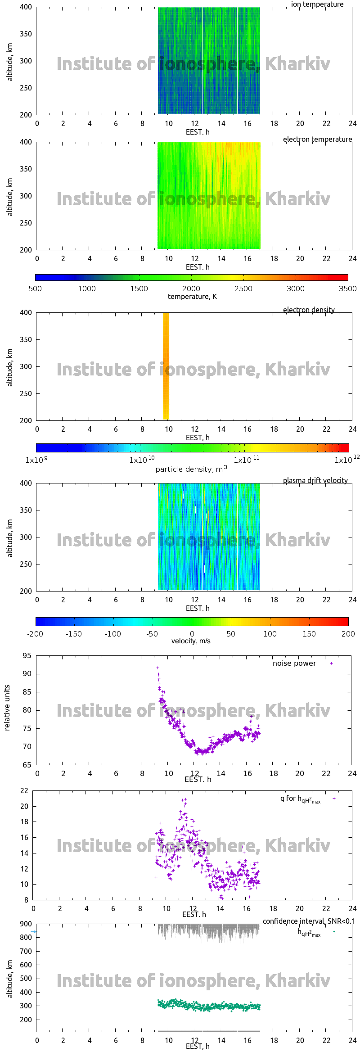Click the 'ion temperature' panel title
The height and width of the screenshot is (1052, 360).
point(317,5)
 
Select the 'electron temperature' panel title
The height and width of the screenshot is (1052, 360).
point(317,139)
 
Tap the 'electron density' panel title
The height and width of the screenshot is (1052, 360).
point(309,310)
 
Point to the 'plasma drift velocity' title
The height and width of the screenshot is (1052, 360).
point(315,480)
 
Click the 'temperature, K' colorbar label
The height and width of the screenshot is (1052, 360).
point(192,296)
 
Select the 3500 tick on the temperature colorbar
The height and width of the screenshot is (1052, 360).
point(347,289)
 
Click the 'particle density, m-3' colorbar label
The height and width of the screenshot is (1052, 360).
point(191,469)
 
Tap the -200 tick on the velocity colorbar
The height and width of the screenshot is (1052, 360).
point(35,634)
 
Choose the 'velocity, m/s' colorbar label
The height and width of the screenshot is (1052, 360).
point(191,641)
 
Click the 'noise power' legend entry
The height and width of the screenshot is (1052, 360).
point(294,663)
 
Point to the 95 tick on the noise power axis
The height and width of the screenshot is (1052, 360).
point(27,655)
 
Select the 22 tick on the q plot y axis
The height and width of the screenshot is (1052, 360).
point(24,790)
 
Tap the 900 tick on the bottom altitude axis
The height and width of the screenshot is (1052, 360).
point(26,924)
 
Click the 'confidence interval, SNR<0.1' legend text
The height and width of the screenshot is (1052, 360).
point(309,921)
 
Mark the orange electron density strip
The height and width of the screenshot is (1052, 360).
point(166,366)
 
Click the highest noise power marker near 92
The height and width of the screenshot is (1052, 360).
point(157,668)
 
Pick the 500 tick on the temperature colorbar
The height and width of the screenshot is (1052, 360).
point(35,289)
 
